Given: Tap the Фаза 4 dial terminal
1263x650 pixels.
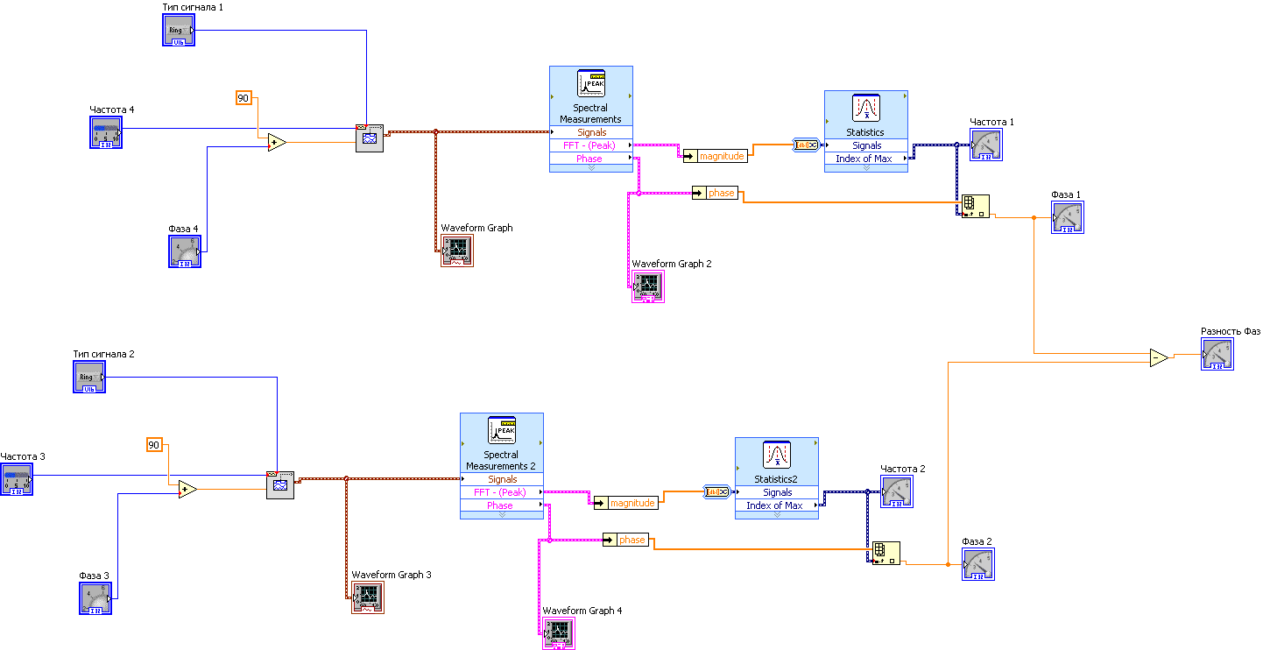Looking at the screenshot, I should tap(185, 252).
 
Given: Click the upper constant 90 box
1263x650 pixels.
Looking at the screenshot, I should tap(243, 98).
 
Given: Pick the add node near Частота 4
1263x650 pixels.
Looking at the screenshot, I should tap(277, 143).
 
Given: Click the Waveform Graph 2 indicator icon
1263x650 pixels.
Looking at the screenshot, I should tap(648, 286).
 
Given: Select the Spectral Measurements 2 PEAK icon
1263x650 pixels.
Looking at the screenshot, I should tap(502, 430).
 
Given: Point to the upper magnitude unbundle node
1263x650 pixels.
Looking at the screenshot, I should tap(715, 156).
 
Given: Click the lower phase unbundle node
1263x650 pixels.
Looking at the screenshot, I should tap(625, 540).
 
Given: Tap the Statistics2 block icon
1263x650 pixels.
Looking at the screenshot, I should tap(776, 455).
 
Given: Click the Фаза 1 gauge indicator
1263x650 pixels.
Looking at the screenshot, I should tap(1068, 218).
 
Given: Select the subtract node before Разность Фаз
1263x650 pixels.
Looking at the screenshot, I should tap(1159, 357).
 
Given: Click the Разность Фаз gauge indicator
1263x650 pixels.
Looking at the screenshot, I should tap(1217, 355).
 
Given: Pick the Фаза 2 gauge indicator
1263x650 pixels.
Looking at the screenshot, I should tap(978, 564).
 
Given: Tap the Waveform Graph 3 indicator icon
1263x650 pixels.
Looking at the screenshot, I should tap(368, 597).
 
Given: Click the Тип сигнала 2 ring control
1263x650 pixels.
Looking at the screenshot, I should tap(89, 378).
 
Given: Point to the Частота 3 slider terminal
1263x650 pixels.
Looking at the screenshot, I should tap(17, 480).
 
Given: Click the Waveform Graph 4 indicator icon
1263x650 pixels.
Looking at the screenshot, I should tap(559, 633).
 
